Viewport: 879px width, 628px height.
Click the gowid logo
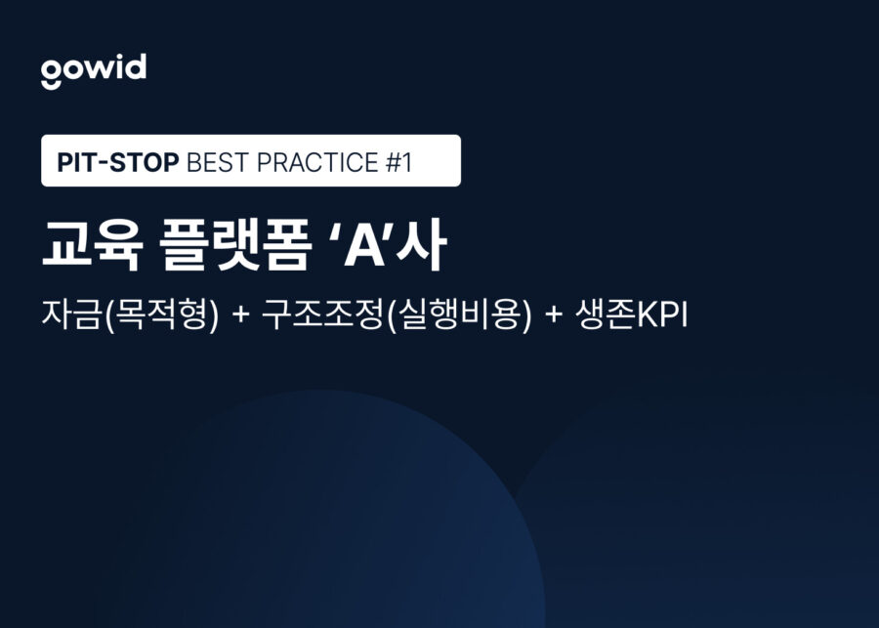pos(94,70)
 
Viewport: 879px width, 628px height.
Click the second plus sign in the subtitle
pos(554,317)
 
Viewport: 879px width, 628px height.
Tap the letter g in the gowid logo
pos(51,73)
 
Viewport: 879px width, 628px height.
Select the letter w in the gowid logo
pos(96,70)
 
